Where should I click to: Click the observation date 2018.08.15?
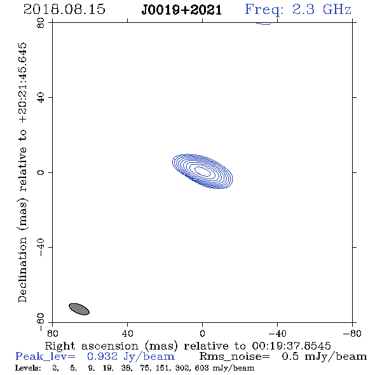point(64,10)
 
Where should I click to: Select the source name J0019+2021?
point(182,10)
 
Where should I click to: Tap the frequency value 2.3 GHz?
point(322,10)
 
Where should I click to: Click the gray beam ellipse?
point(79,309)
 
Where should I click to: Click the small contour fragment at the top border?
point(264,24)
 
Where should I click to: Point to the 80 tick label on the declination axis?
point(41,23)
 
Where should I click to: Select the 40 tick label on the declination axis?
point(41,98)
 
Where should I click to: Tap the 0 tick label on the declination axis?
point(41,172)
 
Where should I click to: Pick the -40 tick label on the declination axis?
point(41,247)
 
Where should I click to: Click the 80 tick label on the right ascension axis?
point(52,334)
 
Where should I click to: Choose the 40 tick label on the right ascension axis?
point(127,334)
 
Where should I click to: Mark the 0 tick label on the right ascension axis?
point(202,334)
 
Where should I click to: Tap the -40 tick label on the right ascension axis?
point(277,334)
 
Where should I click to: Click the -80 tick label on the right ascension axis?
point(352,334)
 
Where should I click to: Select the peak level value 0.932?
point(102,357)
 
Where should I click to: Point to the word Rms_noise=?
point(235,357)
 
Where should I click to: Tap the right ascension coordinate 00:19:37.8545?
point(291,346)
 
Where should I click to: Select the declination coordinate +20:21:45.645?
point(23,83)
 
